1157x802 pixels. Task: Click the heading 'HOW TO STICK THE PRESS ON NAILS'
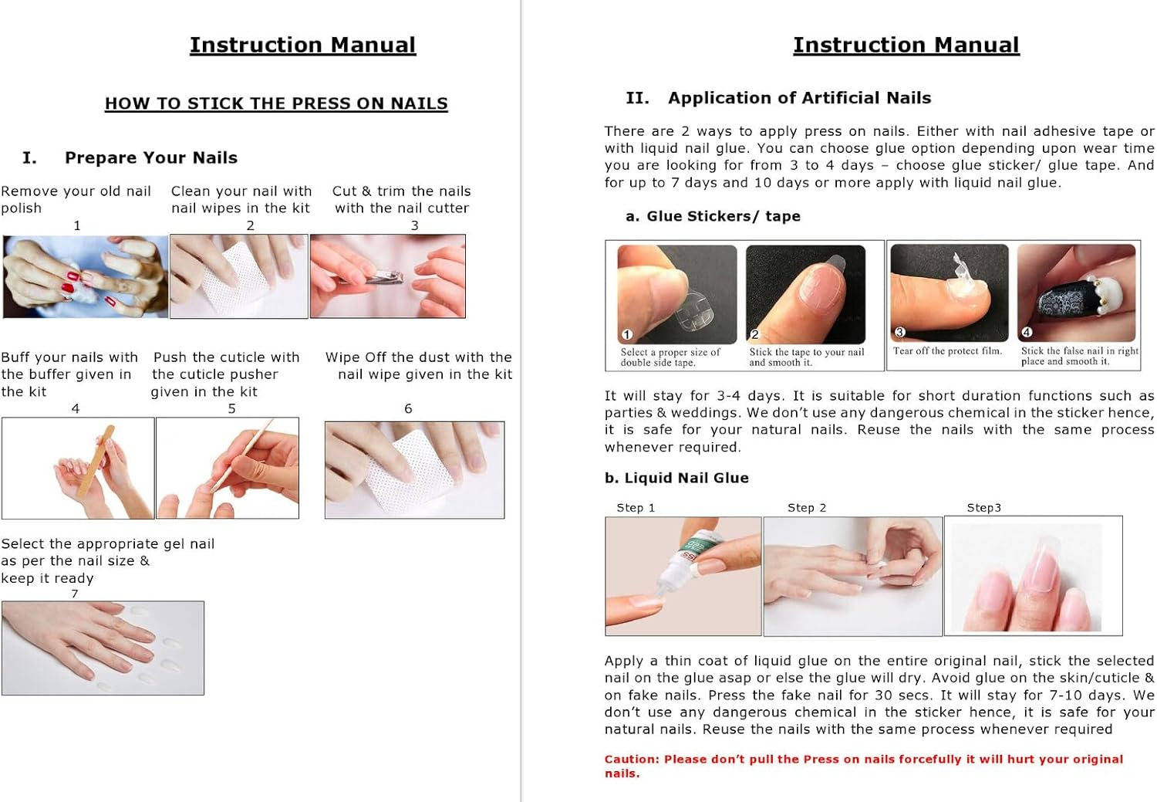point(276,103)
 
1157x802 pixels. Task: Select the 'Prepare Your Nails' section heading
point(150,157)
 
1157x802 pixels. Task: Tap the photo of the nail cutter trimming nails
point(387,276)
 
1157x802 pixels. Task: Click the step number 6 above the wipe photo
point(408,408)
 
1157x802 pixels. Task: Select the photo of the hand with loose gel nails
point(103,648)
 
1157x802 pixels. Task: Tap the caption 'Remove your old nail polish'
point(76,199)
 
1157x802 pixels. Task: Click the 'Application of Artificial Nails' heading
point(799,98)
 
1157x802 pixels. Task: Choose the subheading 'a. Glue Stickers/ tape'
point(713,216)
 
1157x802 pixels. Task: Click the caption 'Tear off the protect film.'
point(947,351)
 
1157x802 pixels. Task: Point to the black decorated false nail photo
point(1076,293)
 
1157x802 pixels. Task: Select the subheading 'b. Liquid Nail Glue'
point(676,478)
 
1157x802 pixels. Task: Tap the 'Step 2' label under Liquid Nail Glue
point(806,507)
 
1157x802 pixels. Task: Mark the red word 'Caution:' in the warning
point(632,759)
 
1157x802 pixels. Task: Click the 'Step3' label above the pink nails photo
point(983,507)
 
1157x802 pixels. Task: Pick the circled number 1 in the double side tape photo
point(627,334)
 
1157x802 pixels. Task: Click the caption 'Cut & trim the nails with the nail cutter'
point(401,199)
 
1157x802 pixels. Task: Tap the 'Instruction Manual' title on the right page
point(906,45)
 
